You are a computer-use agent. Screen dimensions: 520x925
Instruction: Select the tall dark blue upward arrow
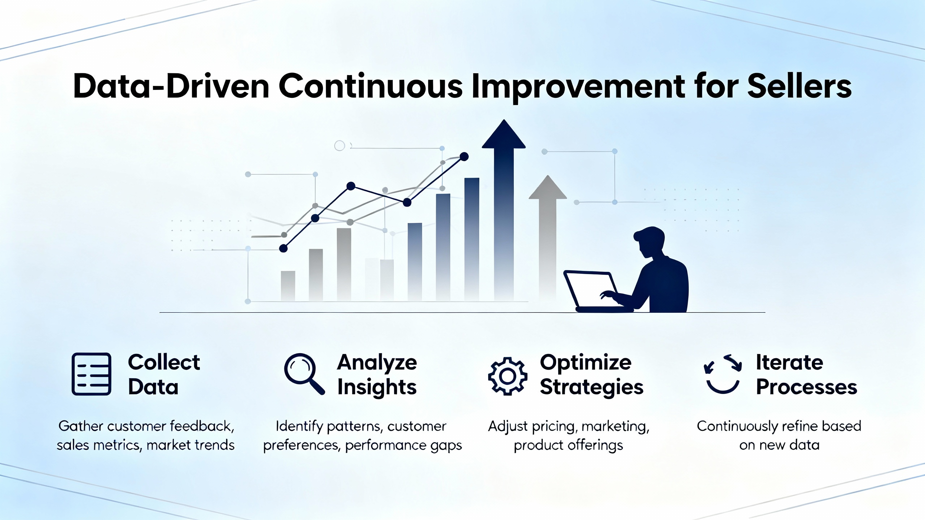tap(504, 202)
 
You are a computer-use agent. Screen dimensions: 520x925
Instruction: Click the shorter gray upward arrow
tap(548, 231)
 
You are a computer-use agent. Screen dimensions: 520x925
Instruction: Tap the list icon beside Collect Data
tap(91, 374)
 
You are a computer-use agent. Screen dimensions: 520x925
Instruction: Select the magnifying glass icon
tap(304, 373)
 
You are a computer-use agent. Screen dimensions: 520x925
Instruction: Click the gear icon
tap(508, 376)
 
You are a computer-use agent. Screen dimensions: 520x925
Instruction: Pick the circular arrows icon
tap(723, 374)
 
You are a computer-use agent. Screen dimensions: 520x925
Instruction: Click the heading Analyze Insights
tap(377, 374)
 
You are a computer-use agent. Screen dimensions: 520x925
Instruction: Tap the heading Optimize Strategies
tap(591, 374)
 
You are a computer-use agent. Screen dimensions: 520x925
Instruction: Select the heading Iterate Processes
tap(806, 374)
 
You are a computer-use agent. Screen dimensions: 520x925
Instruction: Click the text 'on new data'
tap(779, 445)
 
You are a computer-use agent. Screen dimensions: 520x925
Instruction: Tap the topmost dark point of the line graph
tap(464, 156)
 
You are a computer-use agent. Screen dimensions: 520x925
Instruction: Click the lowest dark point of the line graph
tap(284, 248)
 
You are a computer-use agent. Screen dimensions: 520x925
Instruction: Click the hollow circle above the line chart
tap(340, 146)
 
